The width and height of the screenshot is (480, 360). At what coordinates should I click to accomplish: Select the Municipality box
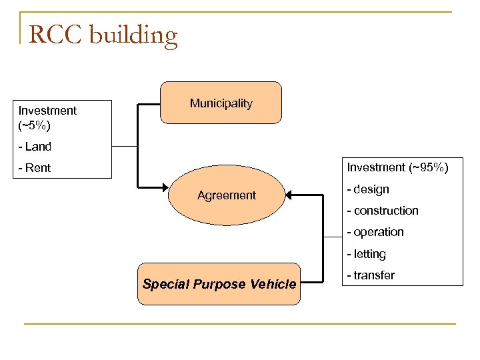pyautogui.click(x=221, y=103)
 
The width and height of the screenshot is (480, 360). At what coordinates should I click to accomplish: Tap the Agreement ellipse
pyautogui.click(x=226, y=195)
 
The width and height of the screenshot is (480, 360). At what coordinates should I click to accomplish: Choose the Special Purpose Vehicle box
pyautogui.click(x=219, y=284)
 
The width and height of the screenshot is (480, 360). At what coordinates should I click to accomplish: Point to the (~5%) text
pyautogui.click(x=35, y=125)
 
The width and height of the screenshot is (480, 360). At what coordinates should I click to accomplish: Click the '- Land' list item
pyautogui.click(x=35, y=147)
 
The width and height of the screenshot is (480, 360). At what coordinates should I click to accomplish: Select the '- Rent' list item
pyautogui.click(x=35, y=168)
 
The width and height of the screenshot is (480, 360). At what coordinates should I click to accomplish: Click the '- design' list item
pyautogui.click(x=368, y=189)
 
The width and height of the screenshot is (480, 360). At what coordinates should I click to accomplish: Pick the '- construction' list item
pyautogui.click(x=383, y=211)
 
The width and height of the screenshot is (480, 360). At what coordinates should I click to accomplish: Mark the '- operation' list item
pyautogui.click(x=375, y=232)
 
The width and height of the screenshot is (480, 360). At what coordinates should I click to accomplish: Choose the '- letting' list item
pyautogui.click(x=366, y=254)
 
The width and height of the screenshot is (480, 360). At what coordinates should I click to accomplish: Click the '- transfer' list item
pyautogui.click(x=371, y=275)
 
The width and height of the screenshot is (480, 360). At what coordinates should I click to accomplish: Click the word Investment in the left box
pyautogui.click(x=47, y=111)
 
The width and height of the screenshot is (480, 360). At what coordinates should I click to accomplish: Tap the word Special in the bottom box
pyautogui.click(x=165, y=284)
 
